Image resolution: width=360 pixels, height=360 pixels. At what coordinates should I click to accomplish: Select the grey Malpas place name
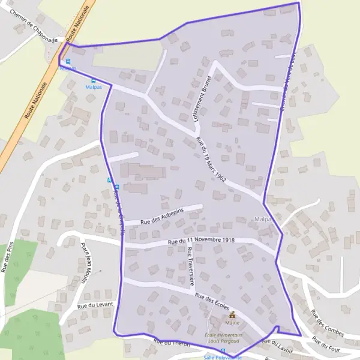[264, 219]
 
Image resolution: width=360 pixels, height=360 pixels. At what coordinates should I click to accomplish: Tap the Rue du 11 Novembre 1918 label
[201, 241]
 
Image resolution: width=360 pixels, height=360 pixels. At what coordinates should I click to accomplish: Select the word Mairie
[232, 322]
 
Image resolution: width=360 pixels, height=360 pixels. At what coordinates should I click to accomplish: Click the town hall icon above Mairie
[232, 314]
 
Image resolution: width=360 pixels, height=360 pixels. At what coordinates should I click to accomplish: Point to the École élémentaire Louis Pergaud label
[223, 338]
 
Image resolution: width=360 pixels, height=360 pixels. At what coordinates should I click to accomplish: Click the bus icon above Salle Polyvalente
[223, 351]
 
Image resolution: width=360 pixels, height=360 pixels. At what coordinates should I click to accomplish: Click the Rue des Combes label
[327, 323]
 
